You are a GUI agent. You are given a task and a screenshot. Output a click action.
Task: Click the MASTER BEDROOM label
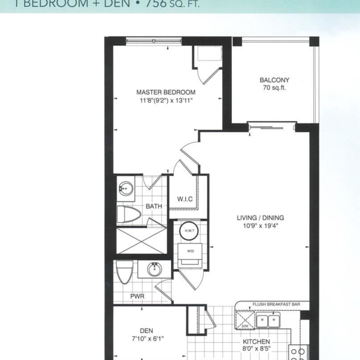pos(166,92)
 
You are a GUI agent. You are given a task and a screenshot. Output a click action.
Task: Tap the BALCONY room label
pos(274,80)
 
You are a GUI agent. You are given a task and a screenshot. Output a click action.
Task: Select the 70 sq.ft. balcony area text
pos(274,88)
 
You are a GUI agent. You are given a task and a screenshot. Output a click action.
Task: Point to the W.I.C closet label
pos(185,199)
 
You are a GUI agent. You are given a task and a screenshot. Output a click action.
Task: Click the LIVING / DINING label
pos(261,218)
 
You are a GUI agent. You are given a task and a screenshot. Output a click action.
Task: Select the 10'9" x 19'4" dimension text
pos(261,226)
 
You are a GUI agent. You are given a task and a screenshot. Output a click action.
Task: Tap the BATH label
pos(153,207)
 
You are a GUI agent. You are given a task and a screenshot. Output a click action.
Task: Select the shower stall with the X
pos(141,241)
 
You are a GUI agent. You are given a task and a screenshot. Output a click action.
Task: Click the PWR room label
pos(138,296)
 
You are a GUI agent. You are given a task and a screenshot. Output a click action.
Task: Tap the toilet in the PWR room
pos(125,272)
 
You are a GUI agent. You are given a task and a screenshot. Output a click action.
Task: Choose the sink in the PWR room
pos(154,269)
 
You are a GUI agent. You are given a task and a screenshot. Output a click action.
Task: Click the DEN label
pos(146,331)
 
